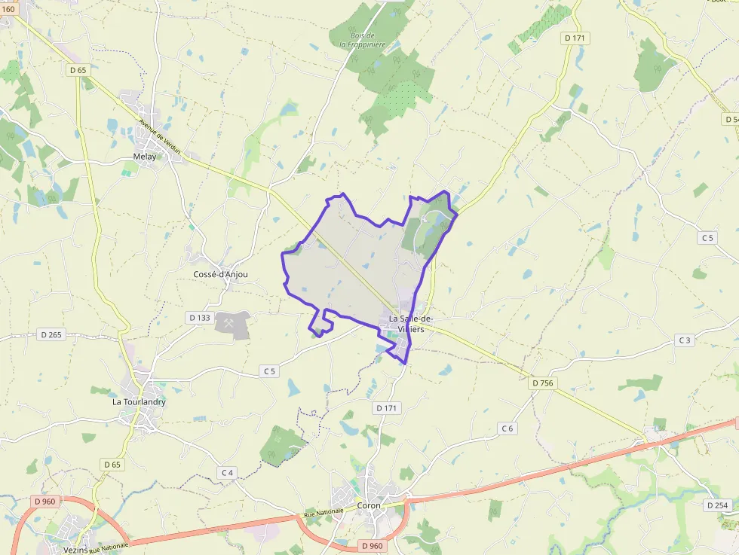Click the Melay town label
(x=144, y=157)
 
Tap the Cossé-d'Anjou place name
(x=220, y=275)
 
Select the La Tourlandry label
(x=139, y=402)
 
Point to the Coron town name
(x=369, y=506)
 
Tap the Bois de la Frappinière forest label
(x=363, y=40)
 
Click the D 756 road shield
(x=542, y=383)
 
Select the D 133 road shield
(x=199, y=318)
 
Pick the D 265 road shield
(x=51, y=334)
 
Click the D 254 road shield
(x=718, y=505)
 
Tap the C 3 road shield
(x=684, y=340)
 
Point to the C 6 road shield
(x=507, y=428)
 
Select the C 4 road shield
(x=227, y=472)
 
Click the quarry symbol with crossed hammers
(x=227, y=322)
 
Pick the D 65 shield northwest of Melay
(x=78, y=70)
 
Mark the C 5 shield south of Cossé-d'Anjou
(x=270, y=371)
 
